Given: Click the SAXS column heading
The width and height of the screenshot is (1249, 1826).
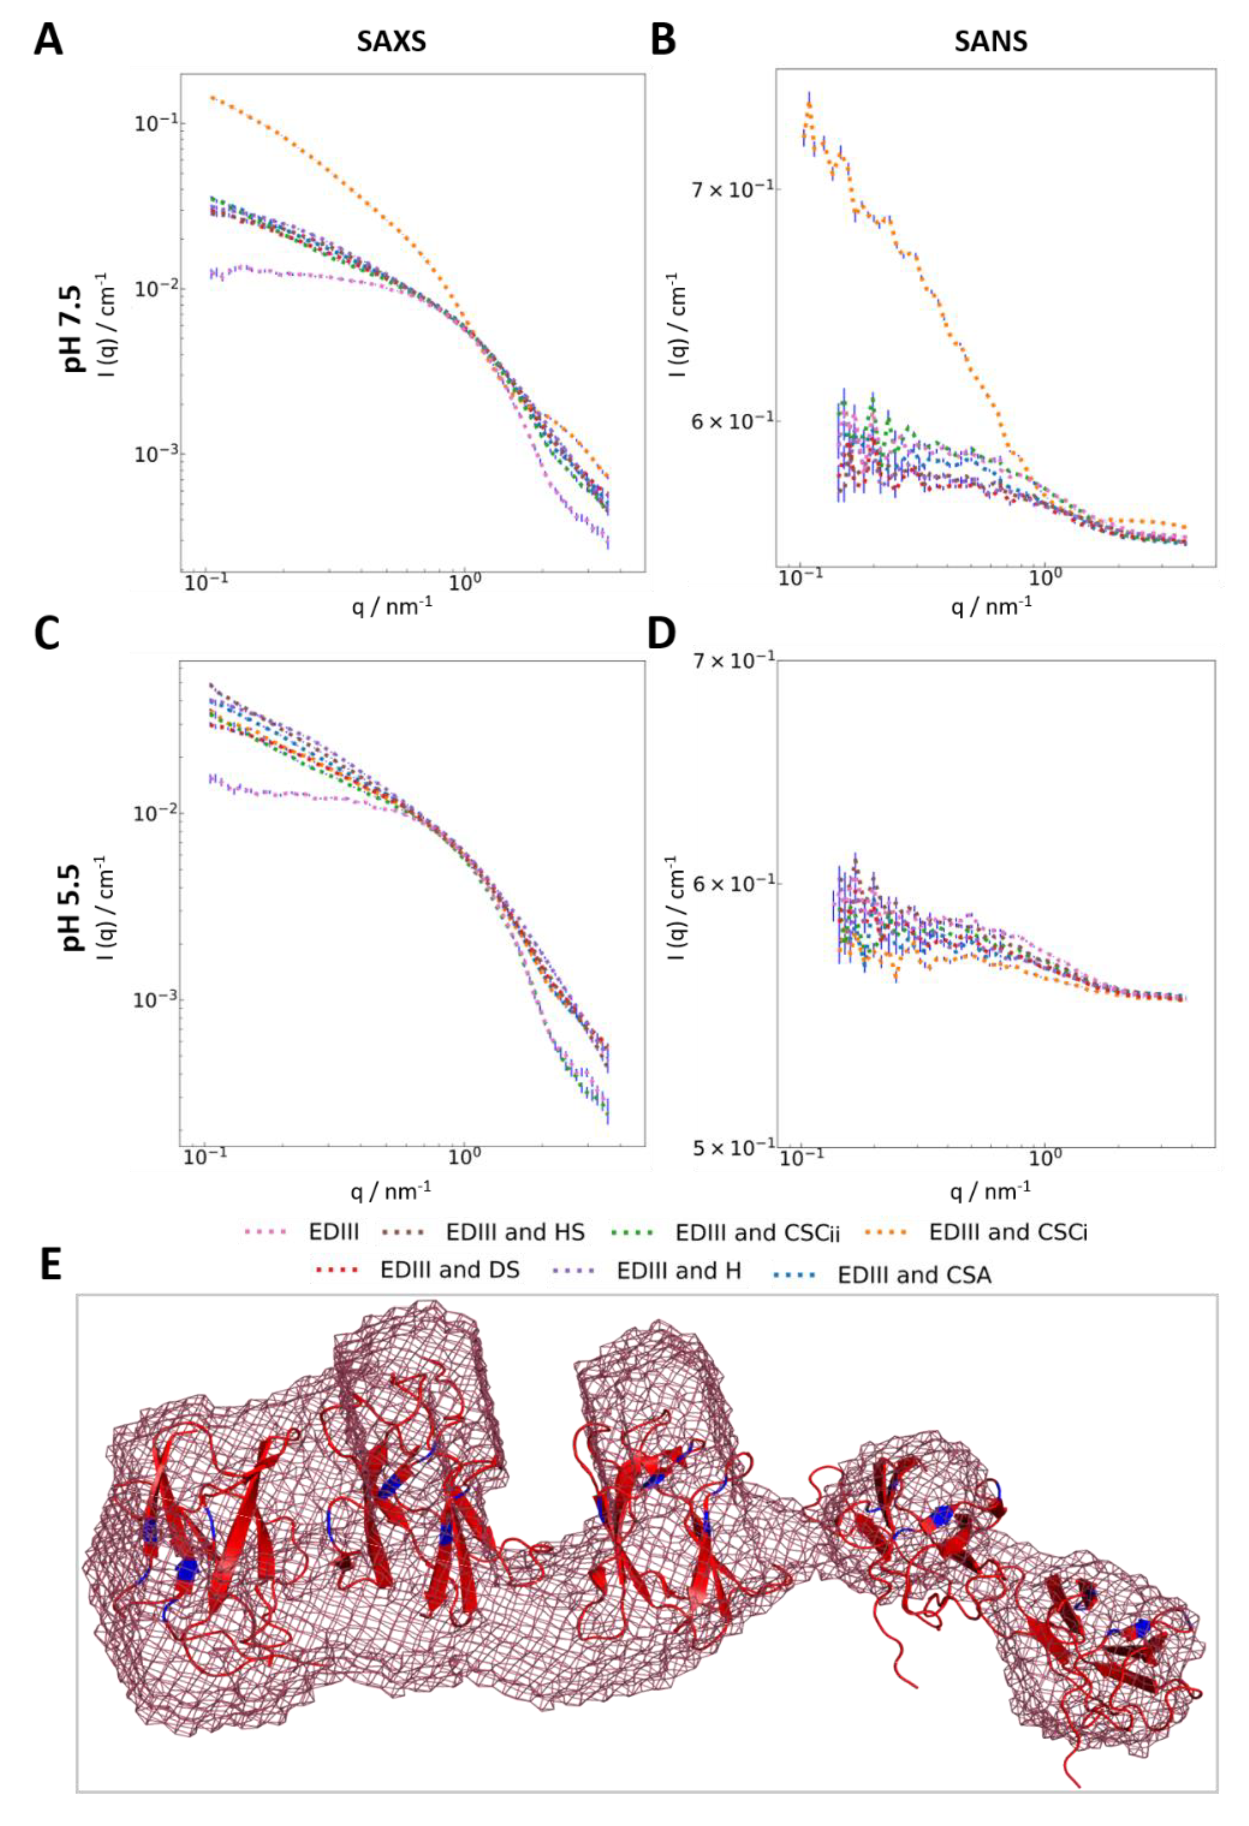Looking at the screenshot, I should click(x=391, y=41).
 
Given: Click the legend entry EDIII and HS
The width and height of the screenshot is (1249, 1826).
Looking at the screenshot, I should click(x=515, y=1232).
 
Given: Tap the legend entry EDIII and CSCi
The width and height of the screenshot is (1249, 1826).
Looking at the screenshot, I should click(x=1008, y=1232).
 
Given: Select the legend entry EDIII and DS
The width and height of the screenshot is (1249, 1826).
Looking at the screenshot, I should click(x=449, y=1270).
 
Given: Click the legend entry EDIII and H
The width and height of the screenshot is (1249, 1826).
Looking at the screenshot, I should click(x=679, y=1270).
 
